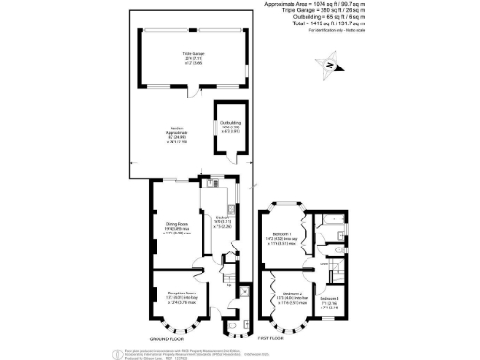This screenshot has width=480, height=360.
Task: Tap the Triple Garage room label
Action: click(x=194, y=56)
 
